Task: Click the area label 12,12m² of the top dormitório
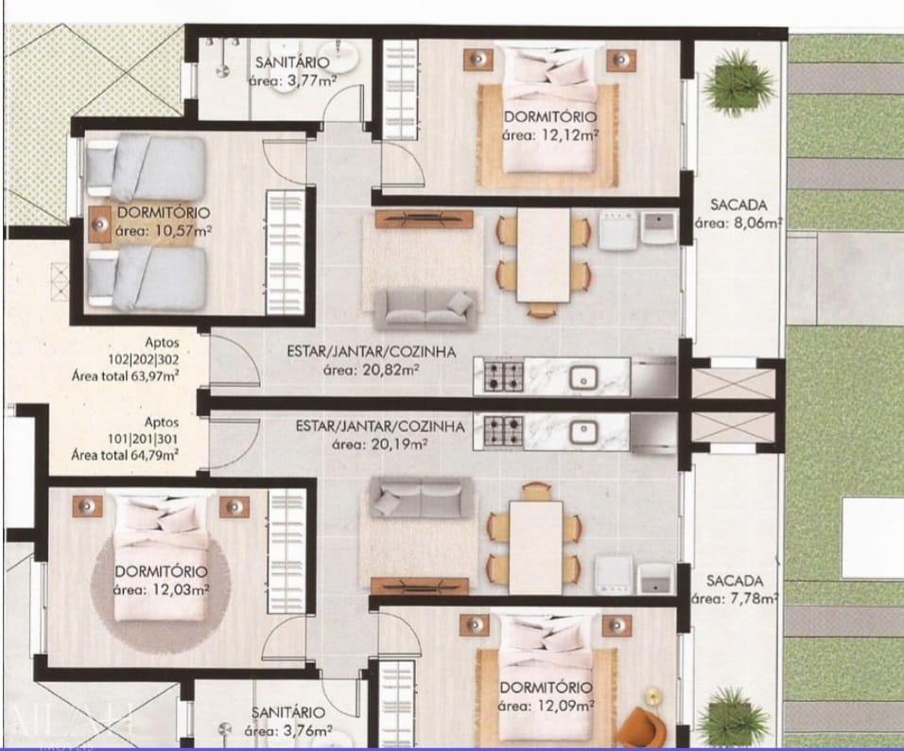[x=549, y=135]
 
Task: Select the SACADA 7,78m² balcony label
[x=735, y=588]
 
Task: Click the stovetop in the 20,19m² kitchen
[x=504, y=431]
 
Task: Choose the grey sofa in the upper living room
[x=423, y=307]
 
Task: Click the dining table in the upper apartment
[x=543, y=254]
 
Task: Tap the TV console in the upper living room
[x=424, y=218]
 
